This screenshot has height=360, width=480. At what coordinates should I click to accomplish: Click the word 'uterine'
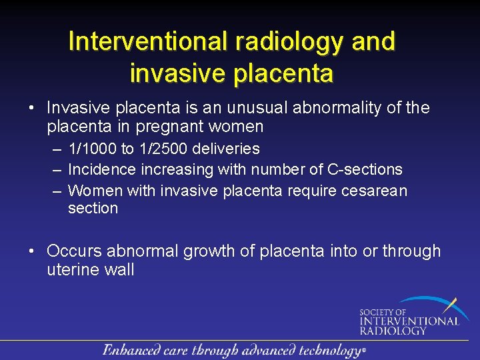[73, 270]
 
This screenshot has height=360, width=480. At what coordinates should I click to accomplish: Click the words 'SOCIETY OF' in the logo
[383, 312]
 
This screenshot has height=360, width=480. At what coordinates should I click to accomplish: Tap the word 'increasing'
[173, 170]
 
